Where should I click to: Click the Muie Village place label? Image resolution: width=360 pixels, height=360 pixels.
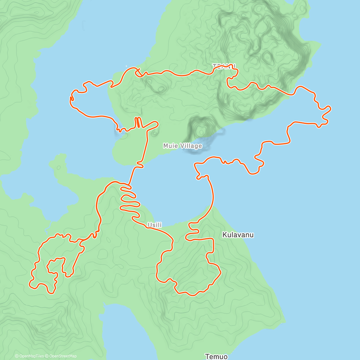182,146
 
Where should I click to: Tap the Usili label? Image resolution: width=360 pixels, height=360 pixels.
154,225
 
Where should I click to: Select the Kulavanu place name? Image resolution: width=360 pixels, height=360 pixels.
238,235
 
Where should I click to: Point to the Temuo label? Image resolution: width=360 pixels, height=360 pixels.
216,356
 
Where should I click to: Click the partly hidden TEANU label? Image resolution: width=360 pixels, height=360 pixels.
224,66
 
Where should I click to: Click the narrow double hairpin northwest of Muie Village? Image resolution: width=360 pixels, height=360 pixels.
138,122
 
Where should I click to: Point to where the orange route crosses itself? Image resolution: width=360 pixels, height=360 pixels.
138,72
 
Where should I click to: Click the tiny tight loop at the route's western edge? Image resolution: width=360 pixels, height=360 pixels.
72,98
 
